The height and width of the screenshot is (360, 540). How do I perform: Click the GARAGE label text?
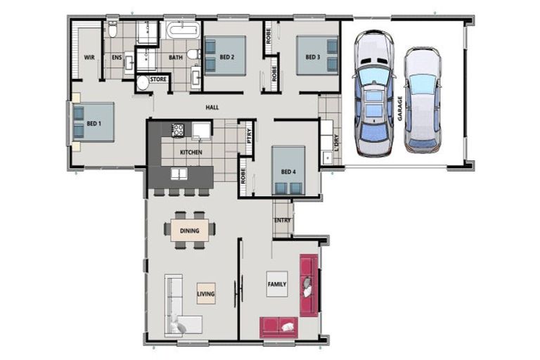point(399,109)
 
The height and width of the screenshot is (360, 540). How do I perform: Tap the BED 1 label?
point(94,124)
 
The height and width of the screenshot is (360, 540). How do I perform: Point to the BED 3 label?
point(312,57)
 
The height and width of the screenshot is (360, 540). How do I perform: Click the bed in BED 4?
point(289,171)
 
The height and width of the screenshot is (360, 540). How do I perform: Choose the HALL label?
point(211,108)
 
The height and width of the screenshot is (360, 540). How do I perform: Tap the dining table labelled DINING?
point(189,230)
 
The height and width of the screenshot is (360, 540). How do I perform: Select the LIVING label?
point(206,294)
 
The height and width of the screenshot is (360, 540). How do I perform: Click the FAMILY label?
point(277,284)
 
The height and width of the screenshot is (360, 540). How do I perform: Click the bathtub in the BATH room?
point(183,31)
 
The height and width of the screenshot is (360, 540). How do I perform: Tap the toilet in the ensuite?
point(112,30)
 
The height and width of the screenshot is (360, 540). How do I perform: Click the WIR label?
point(89,57)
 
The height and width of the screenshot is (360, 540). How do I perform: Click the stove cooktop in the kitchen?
point(177,129)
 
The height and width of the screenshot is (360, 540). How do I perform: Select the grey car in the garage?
point(422,100)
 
